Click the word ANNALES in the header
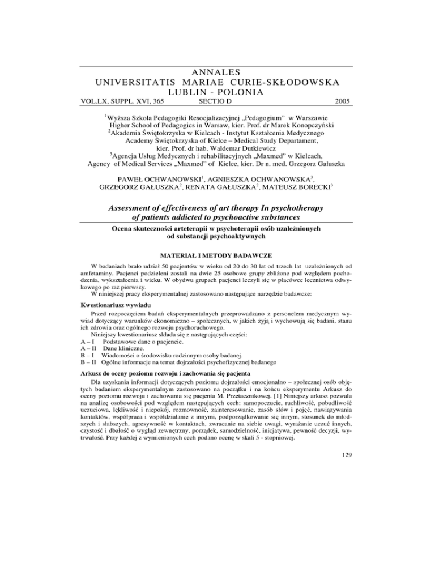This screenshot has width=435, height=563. (217, 72)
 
